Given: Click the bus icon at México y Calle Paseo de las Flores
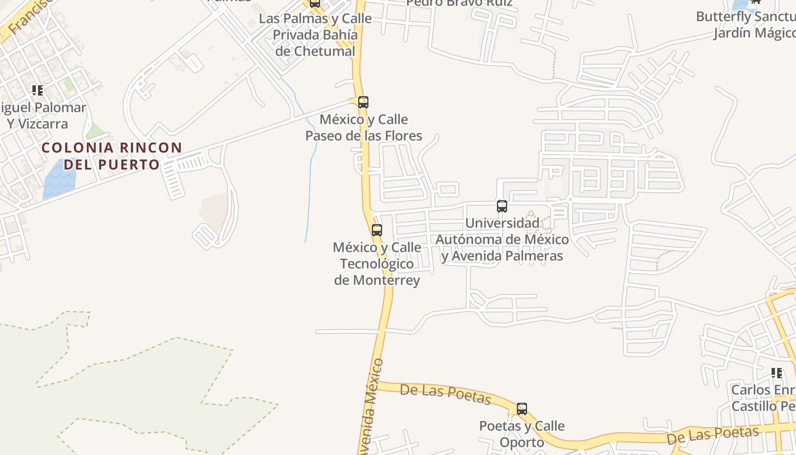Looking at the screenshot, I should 363,102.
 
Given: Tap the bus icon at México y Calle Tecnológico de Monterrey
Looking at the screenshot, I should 376,230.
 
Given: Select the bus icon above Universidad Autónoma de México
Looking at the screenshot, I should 501,206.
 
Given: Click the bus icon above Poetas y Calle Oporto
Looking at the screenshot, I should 521,408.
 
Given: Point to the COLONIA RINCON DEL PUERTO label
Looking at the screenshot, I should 111,156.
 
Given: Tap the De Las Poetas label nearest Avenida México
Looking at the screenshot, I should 445,394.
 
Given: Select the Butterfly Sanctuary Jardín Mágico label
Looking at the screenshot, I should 746,24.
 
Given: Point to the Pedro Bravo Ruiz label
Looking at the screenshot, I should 459,3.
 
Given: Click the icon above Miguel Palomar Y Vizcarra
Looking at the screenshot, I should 38,90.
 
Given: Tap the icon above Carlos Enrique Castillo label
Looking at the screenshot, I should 776,373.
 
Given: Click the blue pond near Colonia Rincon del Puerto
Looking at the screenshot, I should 59,179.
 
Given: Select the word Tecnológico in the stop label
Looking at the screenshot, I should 376,264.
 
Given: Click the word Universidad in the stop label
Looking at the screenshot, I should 502,223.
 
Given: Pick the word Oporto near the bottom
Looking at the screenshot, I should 522,442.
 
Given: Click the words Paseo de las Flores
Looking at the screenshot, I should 364,135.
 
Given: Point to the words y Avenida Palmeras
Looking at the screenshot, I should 502,256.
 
